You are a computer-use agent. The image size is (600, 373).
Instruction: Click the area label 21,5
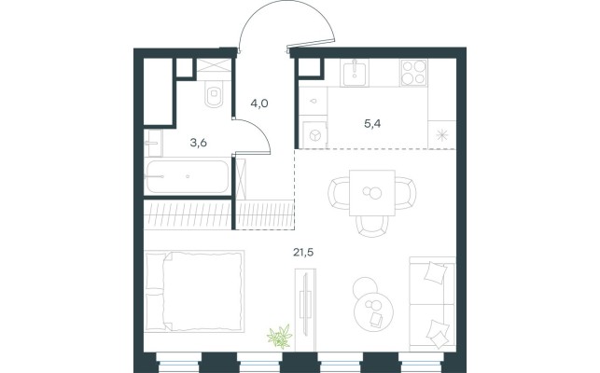pyautogui.click(x=303, y=252)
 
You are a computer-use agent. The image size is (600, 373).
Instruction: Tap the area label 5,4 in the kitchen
pyautogui.click(x=372, y=124)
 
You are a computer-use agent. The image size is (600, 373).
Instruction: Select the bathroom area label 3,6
pyautogui.click(x=199, y=143)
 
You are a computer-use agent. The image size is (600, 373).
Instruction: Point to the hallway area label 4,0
pyautogui.click(x=259, y=104)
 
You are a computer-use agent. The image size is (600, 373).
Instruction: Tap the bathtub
pyautogui.click(x=188, y=177)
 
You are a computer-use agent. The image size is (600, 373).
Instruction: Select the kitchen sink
pyautogui.click(x=354, y=73)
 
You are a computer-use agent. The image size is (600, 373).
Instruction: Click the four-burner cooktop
pyautogui.click(x=413, y=73)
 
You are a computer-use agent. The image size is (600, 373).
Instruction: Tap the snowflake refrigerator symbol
pyautogui.click(x=442, y=135)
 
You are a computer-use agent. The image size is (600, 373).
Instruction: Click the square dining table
pyautogui.click(x=372, y=193)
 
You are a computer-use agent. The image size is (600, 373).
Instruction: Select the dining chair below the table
pyautogui.click(x=372, y=226)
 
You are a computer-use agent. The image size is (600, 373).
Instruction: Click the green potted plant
pyautogui.click(x=280, y=337)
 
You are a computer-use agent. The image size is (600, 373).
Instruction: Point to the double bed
pyautogui.click(x=194, y=291)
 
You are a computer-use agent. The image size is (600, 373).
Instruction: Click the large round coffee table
pyautogui.click(x=374, y=311)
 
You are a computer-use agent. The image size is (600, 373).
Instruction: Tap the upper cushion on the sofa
pyautogui.click(x=436, y=272)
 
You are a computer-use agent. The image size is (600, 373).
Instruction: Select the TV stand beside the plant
pyautogui.click(x=305, y=310)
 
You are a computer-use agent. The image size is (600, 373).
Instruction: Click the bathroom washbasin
pyautogui.click(x=154, y=143)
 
